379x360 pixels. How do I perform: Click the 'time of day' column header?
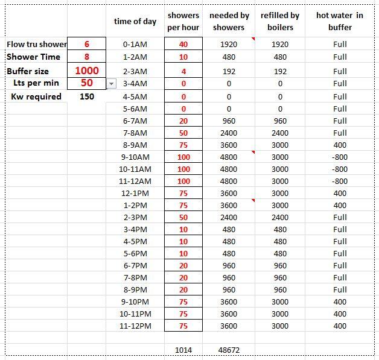tap(135, 21)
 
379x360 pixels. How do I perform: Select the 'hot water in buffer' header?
tap(340, 21)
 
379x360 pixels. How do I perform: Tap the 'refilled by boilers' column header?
tap(280, 21)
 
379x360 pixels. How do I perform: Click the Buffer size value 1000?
tap(87, 71)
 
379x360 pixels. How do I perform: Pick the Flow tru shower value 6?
tap(87, 44)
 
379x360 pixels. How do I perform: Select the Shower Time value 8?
tap(87, 57)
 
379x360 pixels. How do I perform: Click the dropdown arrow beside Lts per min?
tap(111, 84)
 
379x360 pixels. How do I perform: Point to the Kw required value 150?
tap(86, 96)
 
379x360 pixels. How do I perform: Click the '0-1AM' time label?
tap(135, 44)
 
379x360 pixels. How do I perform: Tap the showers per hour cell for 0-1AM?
tap(183, 44)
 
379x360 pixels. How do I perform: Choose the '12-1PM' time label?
tap(135, 194)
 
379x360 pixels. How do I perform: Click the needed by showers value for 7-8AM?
tap(229, 133)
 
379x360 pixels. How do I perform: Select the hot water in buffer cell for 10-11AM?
tap(340, 169)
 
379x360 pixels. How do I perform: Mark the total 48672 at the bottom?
tap(229, 350)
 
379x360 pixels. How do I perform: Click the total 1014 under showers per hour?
tap(183, 350)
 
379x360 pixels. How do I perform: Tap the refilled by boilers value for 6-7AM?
tap(280, 121)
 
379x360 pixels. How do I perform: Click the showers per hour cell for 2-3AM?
tap(183, 71)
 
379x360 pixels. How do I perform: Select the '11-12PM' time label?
tap(135, 326)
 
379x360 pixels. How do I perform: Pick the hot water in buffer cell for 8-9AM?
tap(340, 145)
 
